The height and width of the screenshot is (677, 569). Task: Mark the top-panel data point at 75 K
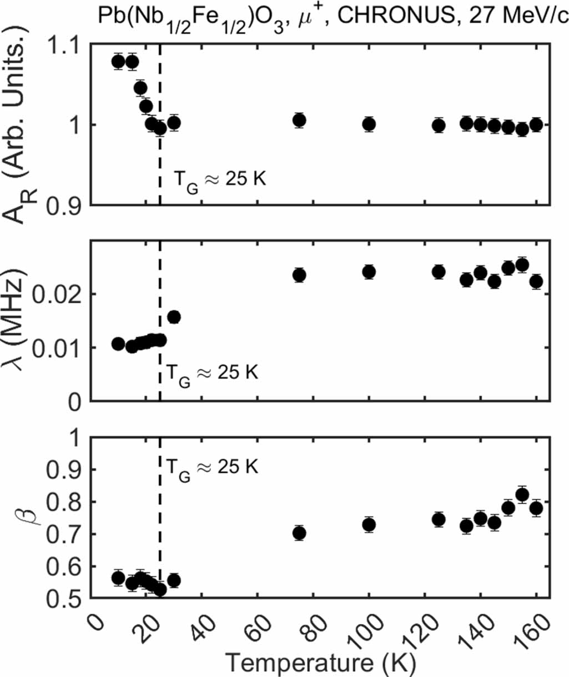coord(300,121)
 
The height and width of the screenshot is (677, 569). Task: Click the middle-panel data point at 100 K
coord(369,272)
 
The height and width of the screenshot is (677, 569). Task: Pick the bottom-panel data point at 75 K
coord(300,533)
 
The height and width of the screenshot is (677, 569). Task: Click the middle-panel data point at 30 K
coord(174,317)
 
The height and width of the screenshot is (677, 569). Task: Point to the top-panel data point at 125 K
coord(439,126)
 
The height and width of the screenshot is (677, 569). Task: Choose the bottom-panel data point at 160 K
coord(536,508)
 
